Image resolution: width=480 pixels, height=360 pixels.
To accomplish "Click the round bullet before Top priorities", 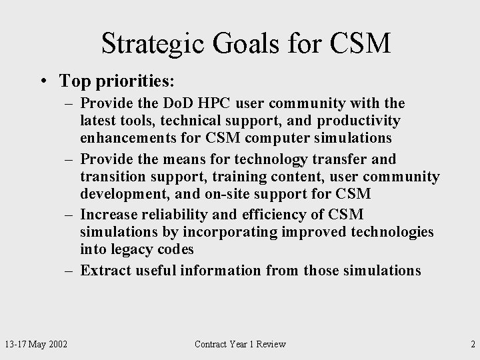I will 42,81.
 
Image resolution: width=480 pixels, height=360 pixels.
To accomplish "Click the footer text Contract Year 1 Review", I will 240,344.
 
